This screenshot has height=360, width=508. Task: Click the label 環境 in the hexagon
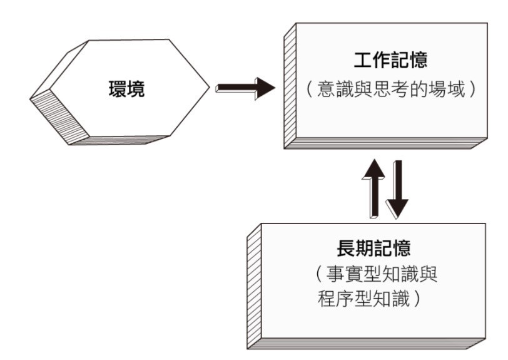coord(126,90)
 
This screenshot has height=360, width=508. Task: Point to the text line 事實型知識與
coord(383,275)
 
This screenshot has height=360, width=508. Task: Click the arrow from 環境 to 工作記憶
coord(245,88)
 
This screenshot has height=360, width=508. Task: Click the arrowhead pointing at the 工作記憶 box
coord(263,88)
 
